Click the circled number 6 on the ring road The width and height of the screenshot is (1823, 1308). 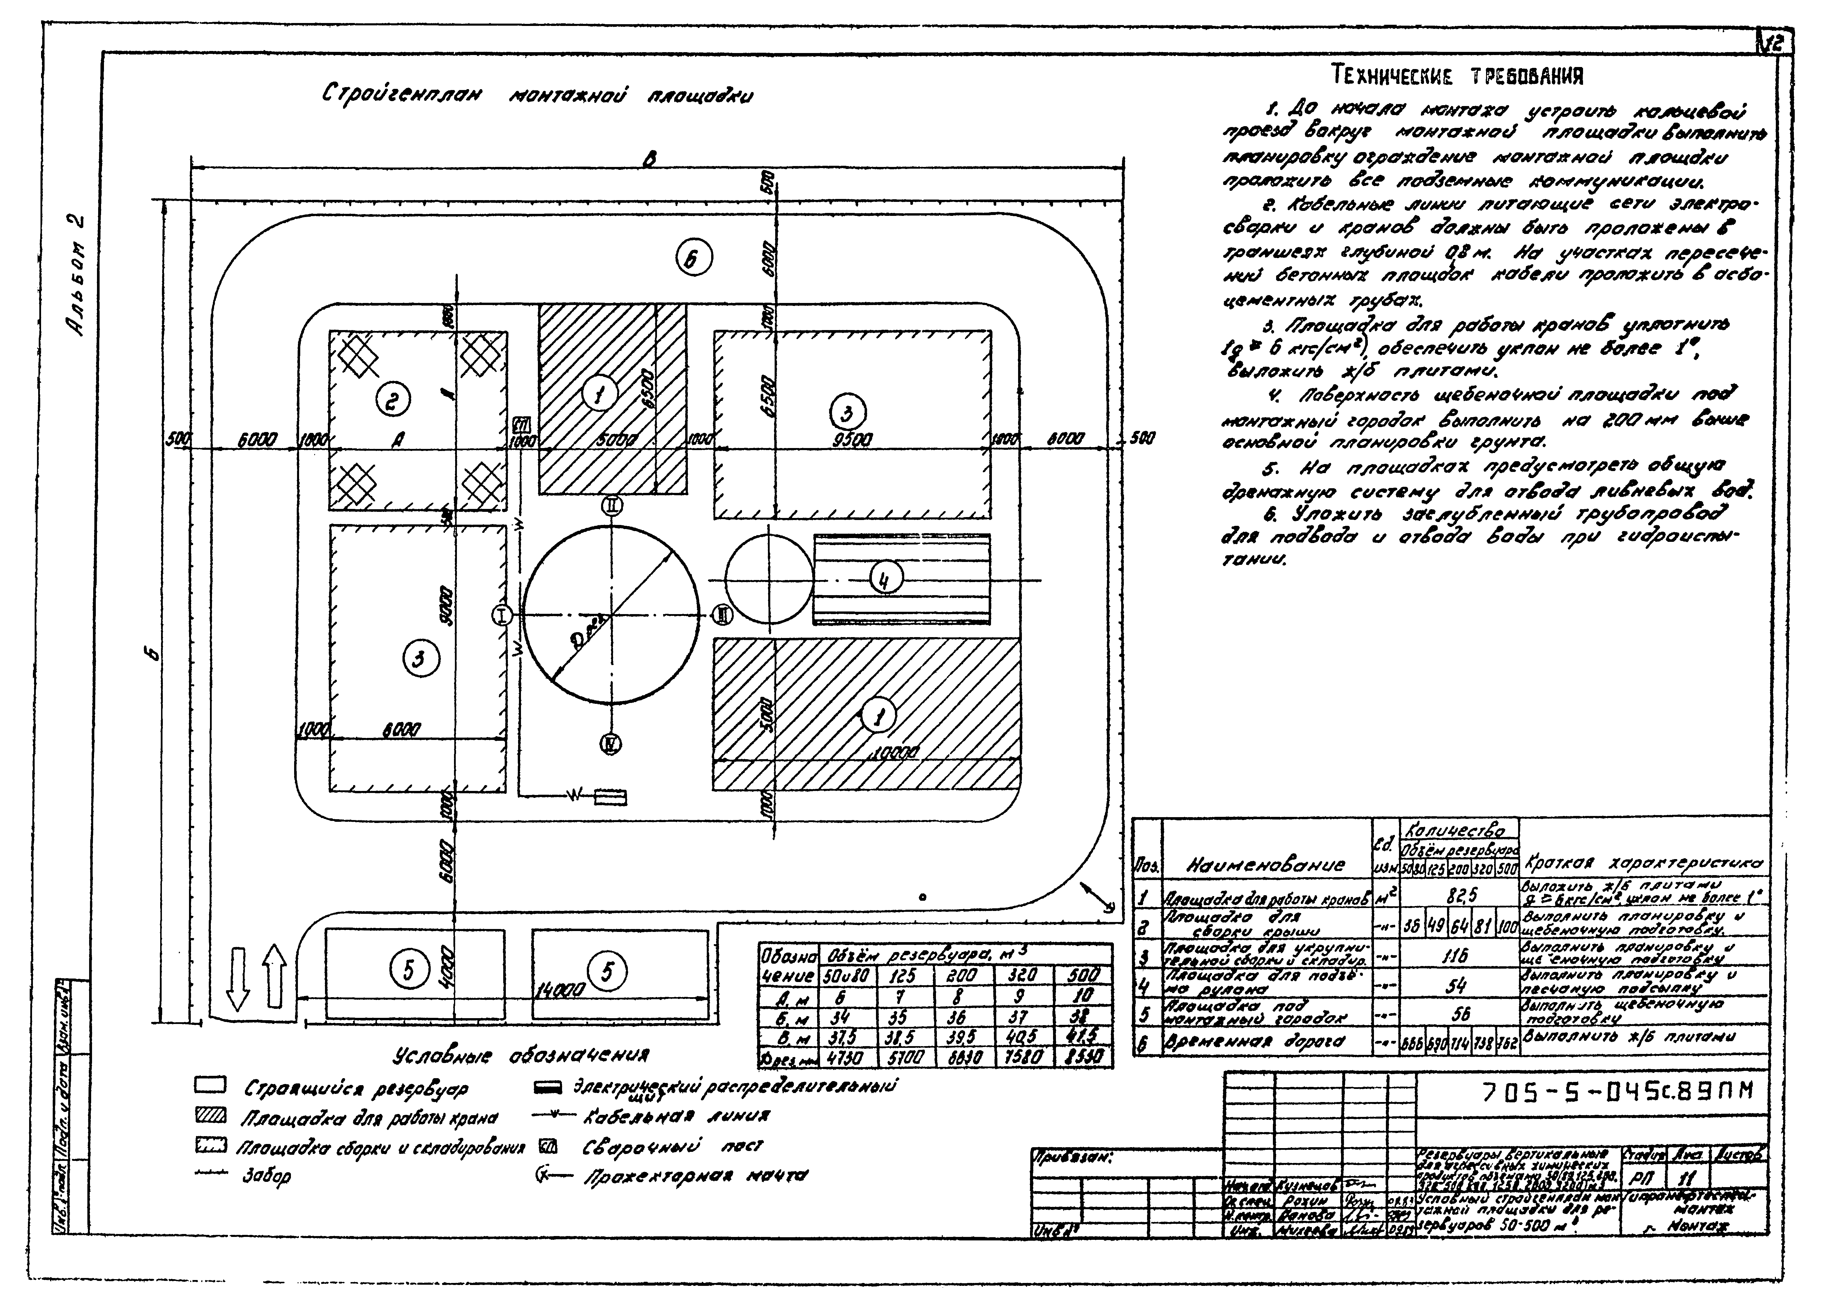[x=693, y=259]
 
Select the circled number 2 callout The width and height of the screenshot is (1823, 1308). [x=392, y=400]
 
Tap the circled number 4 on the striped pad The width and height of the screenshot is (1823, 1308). [x=885, y=578]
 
